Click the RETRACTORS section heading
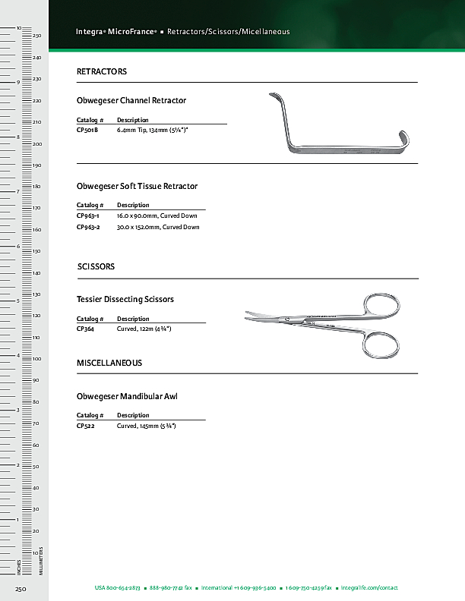(x=102, y=71)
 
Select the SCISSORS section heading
(x=96, y=267)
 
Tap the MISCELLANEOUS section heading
(x=109, y=363)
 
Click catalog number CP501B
(x=87, y=131)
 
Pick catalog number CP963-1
(x=88, y=216)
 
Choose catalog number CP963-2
(x=88, y=227)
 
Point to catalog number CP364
(x=85, y=329)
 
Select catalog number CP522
(x=85, y=426)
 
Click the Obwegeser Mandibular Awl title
(x=128, y=396)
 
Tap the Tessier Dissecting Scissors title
(x=125, y=299)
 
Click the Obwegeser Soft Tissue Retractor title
(x=138, y=186)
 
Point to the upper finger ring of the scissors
(x=381, y=307)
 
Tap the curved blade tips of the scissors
(x=251, y=313)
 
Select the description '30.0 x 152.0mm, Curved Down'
(x=158, y=227)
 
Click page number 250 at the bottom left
(x=21, y=588)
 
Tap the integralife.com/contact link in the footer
(x=369, y=588)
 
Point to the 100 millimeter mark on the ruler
(x=36, y=358)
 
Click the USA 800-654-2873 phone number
(x=117, y=588)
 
